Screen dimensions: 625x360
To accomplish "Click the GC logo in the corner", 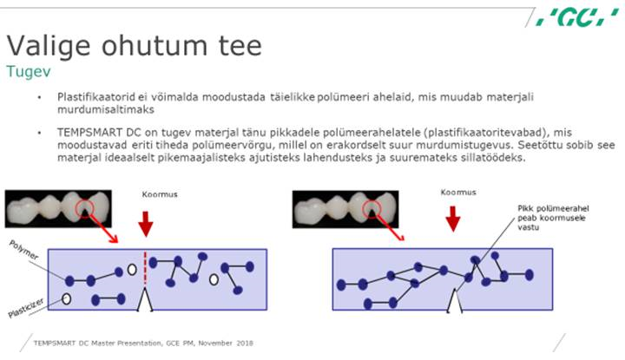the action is click(577, 17).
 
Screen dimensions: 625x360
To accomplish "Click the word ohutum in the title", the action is click(155, 45).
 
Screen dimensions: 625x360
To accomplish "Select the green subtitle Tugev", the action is click(29, 72).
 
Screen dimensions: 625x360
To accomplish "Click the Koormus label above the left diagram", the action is click(160, 194).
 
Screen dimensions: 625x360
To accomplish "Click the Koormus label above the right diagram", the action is click(458, 193).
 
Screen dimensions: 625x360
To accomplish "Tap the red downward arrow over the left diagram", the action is click(146, 224).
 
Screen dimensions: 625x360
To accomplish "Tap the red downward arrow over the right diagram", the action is click(453, 219).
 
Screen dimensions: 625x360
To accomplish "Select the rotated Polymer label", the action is click(24, 250).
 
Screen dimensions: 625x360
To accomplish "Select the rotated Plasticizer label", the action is click(26, 308).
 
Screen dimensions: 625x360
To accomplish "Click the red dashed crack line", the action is click(145, 267).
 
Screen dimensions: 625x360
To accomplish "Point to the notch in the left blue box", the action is click(145, 299).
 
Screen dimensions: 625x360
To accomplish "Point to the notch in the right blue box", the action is click(454, 301).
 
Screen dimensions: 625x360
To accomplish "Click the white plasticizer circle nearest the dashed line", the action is click(132, 270).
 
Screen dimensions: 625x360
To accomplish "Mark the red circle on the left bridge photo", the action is click(84, 208).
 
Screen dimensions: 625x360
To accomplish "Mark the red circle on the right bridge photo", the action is click(372, 209).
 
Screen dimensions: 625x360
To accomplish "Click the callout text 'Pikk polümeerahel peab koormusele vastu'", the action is click(553, 218).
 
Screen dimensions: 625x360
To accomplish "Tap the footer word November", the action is click(215, 343).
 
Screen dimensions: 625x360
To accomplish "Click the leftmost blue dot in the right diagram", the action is click(341, 285).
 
